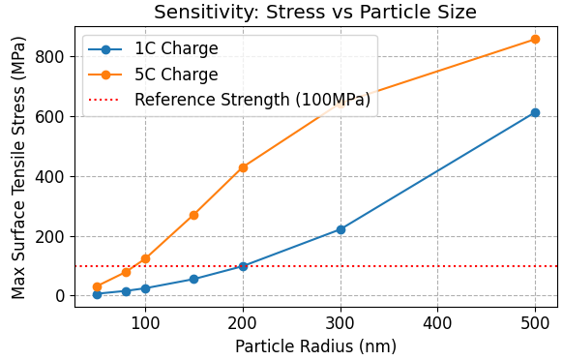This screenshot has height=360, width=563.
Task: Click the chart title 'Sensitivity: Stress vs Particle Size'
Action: pos(315,13)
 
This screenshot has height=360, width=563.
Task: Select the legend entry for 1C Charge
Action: pos(176,48)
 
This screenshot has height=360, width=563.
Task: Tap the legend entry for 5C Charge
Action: pos(176,74)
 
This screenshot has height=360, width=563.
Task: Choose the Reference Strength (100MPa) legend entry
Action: pos(252,99)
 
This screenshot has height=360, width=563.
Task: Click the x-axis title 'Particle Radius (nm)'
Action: pos(315,345)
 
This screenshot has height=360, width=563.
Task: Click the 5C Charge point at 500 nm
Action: pos(535,40)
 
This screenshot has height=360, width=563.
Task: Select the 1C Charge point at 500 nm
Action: pos(535,113)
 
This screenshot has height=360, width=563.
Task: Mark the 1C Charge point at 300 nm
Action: pos(341,229)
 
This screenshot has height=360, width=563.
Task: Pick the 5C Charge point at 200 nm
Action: pos(243,167)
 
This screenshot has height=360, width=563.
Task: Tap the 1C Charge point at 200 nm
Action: pos(243,266)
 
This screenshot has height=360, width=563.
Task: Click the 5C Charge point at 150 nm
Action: pos(193,215)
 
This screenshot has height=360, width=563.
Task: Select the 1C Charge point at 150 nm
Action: pos(193,279)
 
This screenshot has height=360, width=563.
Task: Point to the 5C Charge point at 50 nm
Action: pos(97,286)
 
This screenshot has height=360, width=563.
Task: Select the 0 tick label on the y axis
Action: pos(60,296)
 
